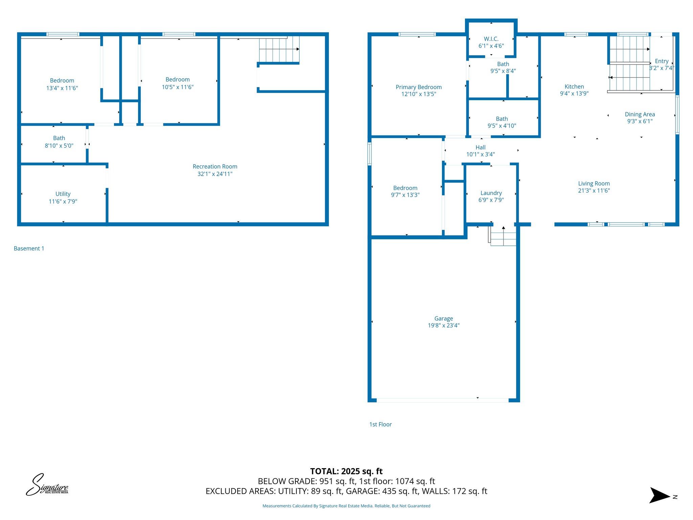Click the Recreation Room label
(x=215, y=167)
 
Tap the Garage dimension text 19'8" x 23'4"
(x=444, y=325)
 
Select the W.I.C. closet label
(x=491, y=39)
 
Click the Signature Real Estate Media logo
(x=47, y=485)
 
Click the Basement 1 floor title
(x=29, y=248)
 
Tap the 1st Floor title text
(x=380, y=425)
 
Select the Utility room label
(x=63, y=194)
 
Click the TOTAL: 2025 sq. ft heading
(x=346, y=471)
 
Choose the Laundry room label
(x=491, y=193)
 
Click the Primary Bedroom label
(x=419, y=87)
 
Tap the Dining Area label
(x=640, y=114)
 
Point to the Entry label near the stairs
(x=662, y=61)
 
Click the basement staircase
(x=279, y=50)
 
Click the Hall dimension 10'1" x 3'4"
(x=480, y=154)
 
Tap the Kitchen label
(x=574, y=87)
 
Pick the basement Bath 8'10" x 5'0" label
(x=59, y=142)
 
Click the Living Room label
(x=594, y=183)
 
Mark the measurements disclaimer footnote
(x=346, y=506)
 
